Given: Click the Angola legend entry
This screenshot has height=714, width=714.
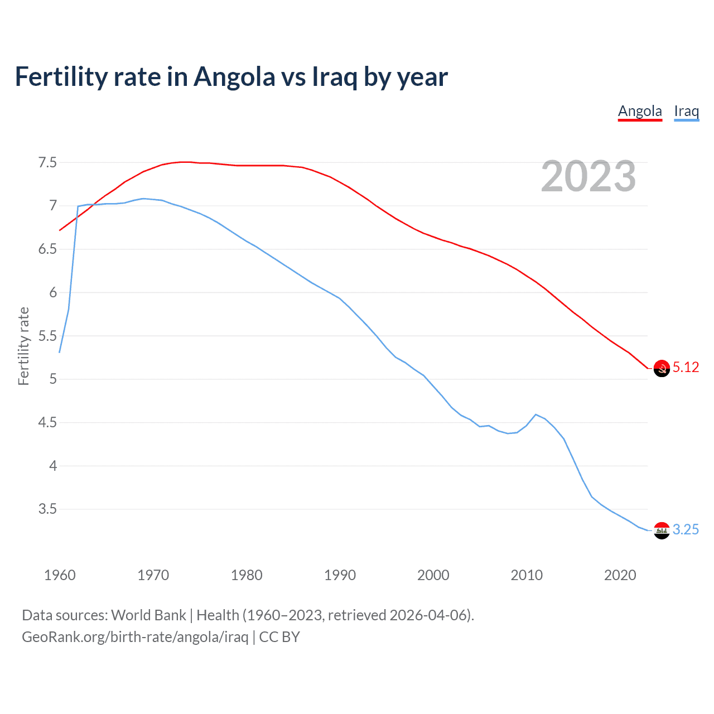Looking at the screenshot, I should pyautogui.click(x=640, y=111).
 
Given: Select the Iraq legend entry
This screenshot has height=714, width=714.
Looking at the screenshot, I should pyautogui.click(x=686, y=111).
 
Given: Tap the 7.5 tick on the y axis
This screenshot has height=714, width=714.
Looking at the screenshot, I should pyautogui.click(x=47, y=163).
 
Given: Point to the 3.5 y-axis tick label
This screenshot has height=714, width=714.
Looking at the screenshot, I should pyautogui.click(x=47, y=509).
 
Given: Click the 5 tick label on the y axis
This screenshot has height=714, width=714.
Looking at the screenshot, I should pyautogui.click(x=53, y=379).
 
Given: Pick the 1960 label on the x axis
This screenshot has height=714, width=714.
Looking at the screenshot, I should pyautogui.click(x=60, y=575).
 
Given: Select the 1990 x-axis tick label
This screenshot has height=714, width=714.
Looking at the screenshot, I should pyautogui.click(x=340, y=575).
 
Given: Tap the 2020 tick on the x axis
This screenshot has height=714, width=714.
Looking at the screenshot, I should pyautogui.click(x=620, y=575).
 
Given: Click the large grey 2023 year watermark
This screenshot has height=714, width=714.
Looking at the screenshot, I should pyautogui.click(x=588, y=177).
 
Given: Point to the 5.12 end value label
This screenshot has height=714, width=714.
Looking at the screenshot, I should pyautogui.click(x=686, y=367).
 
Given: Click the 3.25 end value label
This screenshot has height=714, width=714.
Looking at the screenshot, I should pyautogui.click(x=686, y=529).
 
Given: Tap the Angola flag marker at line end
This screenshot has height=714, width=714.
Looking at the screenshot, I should pyautogui.click(x=662, y=368).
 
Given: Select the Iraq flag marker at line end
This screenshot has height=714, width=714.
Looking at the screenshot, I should pyautogui.click(x=662, y=530).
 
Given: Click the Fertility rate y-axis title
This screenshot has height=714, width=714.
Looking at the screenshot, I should pyautogui.click(x=23, y=346).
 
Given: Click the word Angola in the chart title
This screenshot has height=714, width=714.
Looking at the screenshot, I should pyautogui.click(x=234, y=77).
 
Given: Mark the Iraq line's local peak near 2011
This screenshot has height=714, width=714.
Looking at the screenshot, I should pyautogui.click(x=535, y=414).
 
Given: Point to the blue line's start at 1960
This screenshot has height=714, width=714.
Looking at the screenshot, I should pyautogui.click(x=60, y=352).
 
